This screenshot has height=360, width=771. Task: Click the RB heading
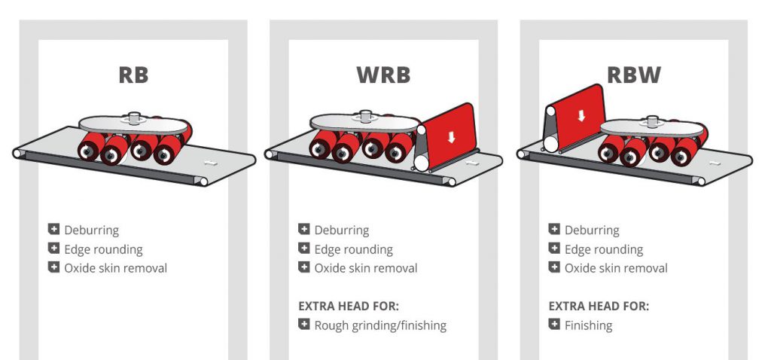click(133, 75)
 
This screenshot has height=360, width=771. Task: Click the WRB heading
click(383, 75)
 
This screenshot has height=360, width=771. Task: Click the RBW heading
click(634, 75)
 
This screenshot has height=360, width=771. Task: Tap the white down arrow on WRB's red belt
click(451, 138)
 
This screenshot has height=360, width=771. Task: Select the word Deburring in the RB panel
click(91, 230)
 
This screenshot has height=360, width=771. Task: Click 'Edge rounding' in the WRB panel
click(353, 249)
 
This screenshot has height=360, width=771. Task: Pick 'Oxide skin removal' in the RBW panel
click(616, 268)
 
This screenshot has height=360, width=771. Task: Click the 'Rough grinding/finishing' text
click(380, 325)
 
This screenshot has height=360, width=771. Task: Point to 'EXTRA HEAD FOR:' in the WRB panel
click(348, 307)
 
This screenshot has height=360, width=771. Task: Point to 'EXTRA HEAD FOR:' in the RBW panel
click(599, 307)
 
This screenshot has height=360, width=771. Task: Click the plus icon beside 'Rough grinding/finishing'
click(304, 325)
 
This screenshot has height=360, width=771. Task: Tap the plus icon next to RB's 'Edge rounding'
click(53, 249)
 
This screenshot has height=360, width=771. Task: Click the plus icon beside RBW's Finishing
click(555, 325)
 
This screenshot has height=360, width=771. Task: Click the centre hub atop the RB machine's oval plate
click(136, 117)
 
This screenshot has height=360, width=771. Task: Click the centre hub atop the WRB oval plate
click(367, 117)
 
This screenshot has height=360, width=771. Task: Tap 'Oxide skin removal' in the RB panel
click(115, 268)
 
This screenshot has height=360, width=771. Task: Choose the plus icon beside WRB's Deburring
click(304, 230)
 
